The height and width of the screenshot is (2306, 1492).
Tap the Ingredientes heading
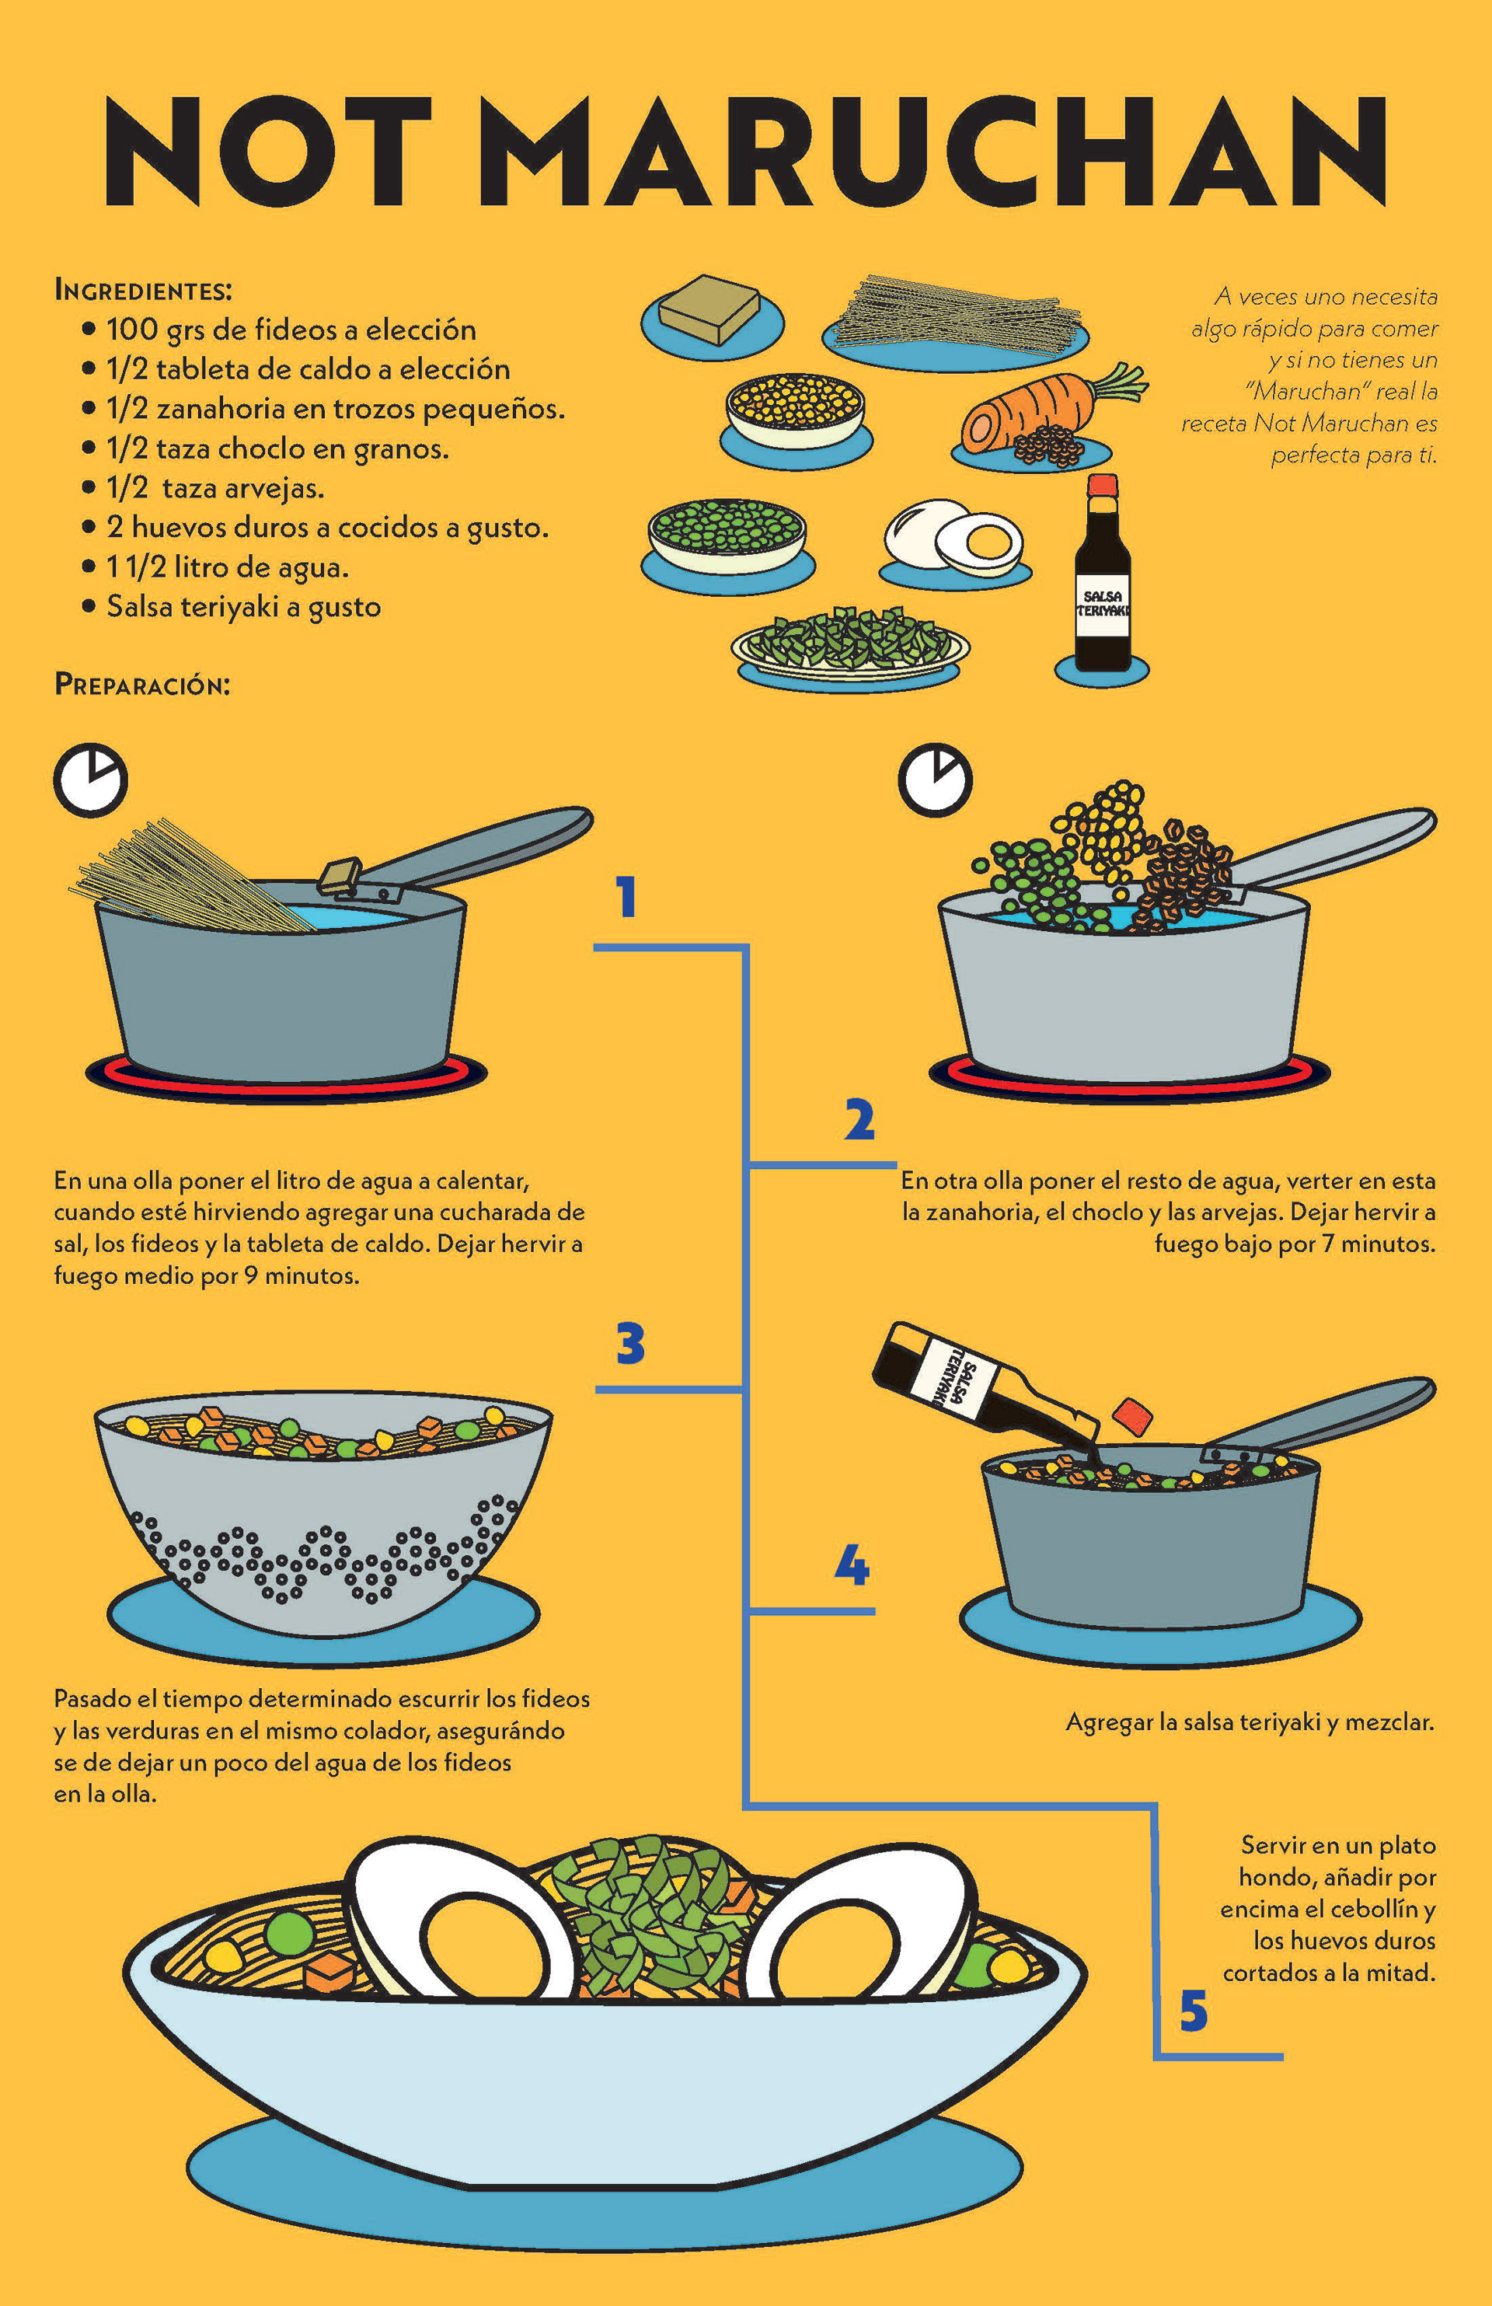click(x=144, y=290)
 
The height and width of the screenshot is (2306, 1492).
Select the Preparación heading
click(x=142, y=684)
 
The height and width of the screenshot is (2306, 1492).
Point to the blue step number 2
click(x=859, y=1119)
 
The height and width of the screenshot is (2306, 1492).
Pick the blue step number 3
click(x=631, y=1344)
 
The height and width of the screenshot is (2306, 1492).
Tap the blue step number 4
click(x=852, y=1564)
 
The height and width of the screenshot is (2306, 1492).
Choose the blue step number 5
click(x=1194, y=2011)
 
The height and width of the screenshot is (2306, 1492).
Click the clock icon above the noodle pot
click(x=90, y=780)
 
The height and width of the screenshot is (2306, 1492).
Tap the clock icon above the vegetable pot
click(x=935, y=780)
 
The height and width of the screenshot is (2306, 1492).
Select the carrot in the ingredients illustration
click(x=1051, y=411)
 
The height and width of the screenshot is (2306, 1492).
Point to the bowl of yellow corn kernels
click(x=796, y=411)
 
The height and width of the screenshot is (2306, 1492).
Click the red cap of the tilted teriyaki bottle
click(x=1131, y=1415)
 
